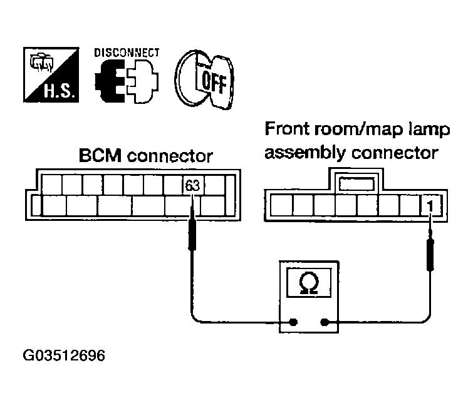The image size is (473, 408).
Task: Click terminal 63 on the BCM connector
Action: click(191, 185)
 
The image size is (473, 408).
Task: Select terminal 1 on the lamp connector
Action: click(431, 204)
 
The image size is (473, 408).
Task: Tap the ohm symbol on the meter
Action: click(309, 284)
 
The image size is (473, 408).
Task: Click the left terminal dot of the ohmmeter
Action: click(293, 323)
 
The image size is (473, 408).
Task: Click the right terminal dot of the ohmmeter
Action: click(325, 323)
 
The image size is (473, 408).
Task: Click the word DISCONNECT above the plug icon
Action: click(127, 53)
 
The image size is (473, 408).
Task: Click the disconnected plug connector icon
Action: click(127, 81)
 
